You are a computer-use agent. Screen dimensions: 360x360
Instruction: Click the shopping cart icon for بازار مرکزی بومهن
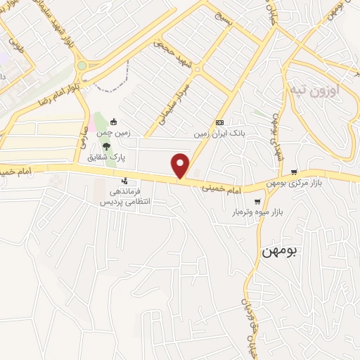point(294,172)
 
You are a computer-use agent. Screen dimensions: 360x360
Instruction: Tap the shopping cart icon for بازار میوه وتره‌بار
point(257,202)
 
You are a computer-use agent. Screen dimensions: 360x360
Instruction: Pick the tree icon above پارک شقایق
point(106,147)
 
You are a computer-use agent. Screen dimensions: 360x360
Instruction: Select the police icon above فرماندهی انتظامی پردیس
point(125,181)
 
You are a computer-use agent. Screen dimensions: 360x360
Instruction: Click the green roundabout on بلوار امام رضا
point(82,65)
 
